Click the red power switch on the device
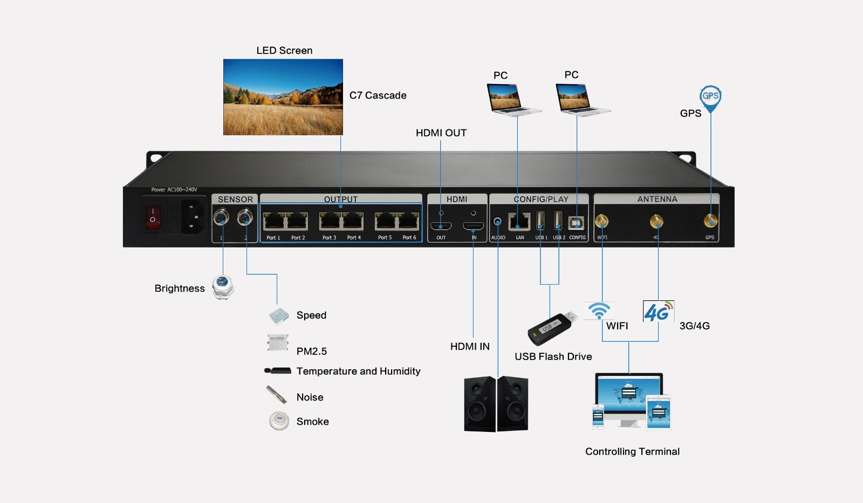[x=153, y=217]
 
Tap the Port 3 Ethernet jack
[x=329, y=221]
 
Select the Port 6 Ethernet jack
[x=408, y=221]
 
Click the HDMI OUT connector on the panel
[x=441, y=225]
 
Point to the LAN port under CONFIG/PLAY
[x=519, y=221]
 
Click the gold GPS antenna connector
[x=710, y=221]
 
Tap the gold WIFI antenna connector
[x=601, y=221]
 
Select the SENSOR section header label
[x=235, y=199]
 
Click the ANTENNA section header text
[x=657, y=199]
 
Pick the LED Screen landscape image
[x=283, y=97]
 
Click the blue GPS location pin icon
[x=710, y=98]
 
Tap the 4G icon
[x=658, y=312]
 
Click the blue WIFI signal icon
[x=599, y=311]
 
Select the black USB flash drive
[x=550, y=328]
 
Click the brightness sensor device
[x=223, y=287]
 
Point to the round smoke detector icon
[x=279, y=421]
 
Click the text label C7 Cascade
[x=378, y=95]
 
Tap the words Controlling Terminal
[x=632, y=451]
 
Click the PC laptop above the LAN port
[x=512, y=99]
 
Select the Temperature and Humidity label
[x=358, y=371]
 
